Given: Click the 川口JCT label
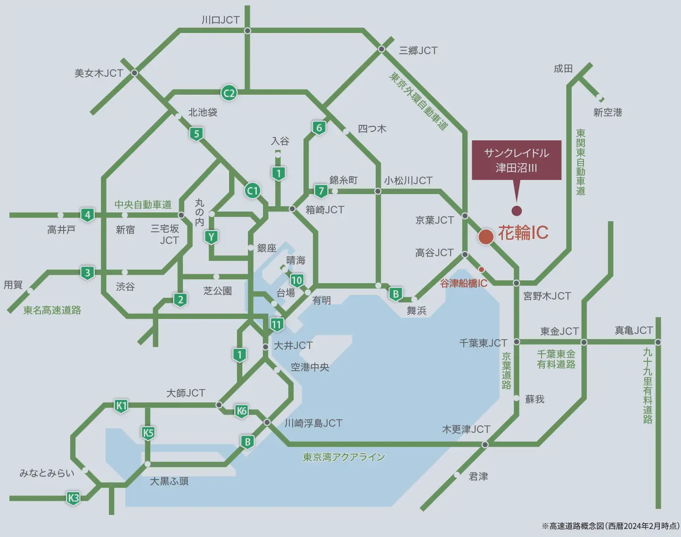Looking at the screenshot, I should pyautogui.click(x=221, y=20).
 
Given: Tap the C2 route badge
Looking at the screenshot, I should pyautogui.click(x=229, y=93).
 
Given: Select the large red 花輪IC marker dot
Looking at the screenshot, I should pyautogui.click(x=485, y=236).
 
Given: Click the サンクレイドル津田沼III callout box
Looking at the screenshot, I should pyautogui.click(x=517, y=160).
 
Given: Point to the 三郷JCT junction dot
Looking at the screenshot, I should pyautogui.click(x=382, y=49).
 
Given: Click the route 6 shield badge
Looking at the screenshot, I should pyautogui.click(x=319, y=128).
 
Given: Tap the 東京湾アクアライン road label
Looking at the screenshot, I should pyautogui.click(x=344, y=457).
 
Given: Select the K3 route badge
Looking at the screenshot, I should pyautogui.click(x=73, y=498).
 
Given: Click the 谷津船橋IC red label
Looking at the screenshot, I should pyautogui.click(x=463, y=284).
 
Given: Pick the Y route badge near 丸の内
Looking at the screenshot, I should pyautogui.click(x=211, y=237).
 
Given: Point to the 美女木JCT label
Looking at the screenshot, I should pyautogui.click(x=98, y=73).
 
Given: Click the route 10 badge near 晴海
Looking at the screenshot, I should pyautogui.click(x=296, y=280).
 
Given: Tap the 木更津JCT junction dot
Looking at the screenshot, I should pyautogui.click(x=485, y=444).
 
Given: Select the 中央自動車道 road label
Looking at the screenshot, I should pyautogui.click(x=143, y=204).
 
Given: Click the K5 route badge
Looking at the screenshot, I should pyautogui.click(x=148, y=432).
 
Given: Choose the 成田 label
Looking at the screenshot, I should pyautogui.click(x=563, y=69).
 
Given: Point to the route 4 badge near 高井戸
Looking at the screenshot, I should pyautogui.click(x=87, y=215).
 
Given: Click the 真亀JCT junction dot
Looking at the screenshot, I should pyautogui.click(x=658, y=342).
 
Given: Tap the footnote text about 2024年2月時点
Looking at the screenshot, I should pyautogui.click(x=610, y=526).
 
